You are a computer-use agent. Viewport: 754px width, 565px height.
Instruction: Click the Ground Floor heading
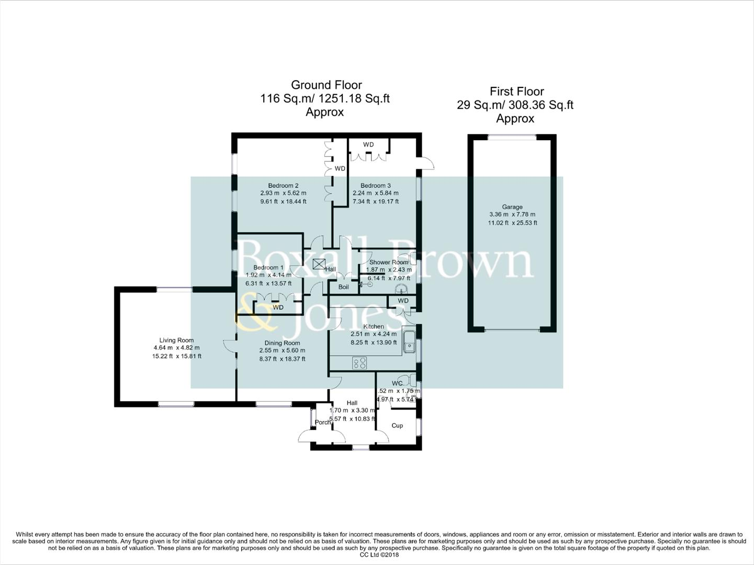pyautogui.click(x=326, y=85)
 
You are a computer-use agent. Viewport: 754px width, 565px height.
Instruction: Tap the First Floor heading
pyautogui.click(x=516, y=92)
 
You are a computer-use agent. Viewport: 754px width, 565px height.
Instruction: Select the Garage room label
pyautogui.click(x=512, y=207)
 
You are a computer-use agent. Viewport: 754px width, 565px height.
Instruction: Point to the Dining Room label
pyautogui.click(x=282, y=343)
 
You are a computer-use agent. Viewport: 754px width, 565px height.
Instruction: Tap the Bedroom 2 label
pyautogui.click(x=283, y=186)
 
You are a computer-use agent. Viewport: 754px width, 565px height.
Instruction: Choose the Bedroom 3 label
pyautogui.click(x=375, y=186)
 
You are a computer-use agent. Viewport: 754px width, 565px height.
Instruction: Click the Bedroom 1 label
pyautogui.click(x=268, y=267)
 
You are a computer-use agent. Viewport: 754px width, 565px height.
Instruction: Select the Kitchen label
pyautogui.click(x=374, y=326)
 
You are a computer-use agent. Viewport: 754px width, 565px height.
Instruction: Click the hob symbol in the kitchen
pyautogui.click(x=359, y=363)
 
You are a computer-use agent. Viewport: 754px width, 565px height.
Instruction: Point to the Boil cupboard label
pyautogui.click(x=343, y=287)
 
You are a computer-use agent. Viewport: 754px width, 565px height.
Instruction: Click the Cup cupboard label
pyautogui.click(x=397, y=425)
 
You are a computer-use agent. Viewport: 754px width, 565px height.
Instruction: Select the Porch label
pyautogui.click(x=323, y=422)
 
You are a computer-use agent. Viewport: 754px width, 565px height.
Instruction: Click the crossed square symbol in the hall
pyautogui.click(x=318, y=264)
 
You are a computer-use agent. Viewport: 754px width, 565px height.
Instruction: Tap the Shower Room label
pyautogui.click(x=388, y=262)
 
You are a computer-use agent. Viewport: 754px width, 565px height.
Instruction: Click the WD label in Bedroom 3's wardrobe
pyautogui.click(x=368, y=145)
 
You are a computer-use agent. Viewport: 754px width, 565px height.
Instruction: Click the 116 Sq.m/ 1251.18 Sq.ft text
pyautogui.click(x=325, y=98)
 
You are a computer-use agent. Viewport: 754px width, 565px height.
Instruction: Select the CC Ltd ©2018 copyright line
pyautogui.click(x=377, y=555)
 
